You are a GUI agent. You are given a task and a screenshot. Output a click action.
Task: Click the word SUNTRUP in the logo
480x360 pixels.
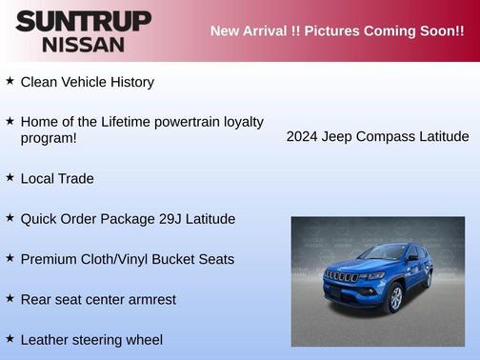tap(83, 21)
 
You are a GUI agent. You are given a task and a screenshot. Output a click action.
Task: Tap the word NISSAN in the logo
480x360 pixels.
tap(83, 44)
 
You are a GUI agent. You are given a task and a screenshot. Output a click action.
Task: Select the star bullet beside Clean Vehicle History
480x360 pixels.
tap(10, 81)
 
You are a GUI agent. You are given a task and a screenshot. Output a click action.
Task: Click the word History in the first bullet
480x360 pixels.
tap(131, 82)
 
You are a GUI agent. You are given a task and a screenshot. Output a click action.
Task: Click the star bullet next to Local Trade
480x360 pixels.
tap(10, 177)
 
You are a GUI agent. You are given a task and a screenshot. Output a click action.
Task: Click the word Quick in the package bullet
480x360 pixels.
tap(39, 219)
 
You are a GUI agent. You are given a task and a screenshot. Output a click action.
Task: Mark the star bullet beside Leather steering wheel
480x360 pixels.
tap(10, 338)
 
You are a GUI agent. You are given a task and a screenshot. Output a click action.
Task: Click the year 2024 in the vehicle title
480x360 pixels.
tap(304, 136)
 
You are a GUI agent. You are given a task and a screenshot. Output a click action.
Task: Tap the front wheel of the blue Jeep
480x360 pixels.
tap(393, 298)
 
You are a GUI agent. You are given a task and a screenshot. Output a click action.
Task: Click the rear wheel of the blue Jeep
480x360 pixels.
tap(429, 278)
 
